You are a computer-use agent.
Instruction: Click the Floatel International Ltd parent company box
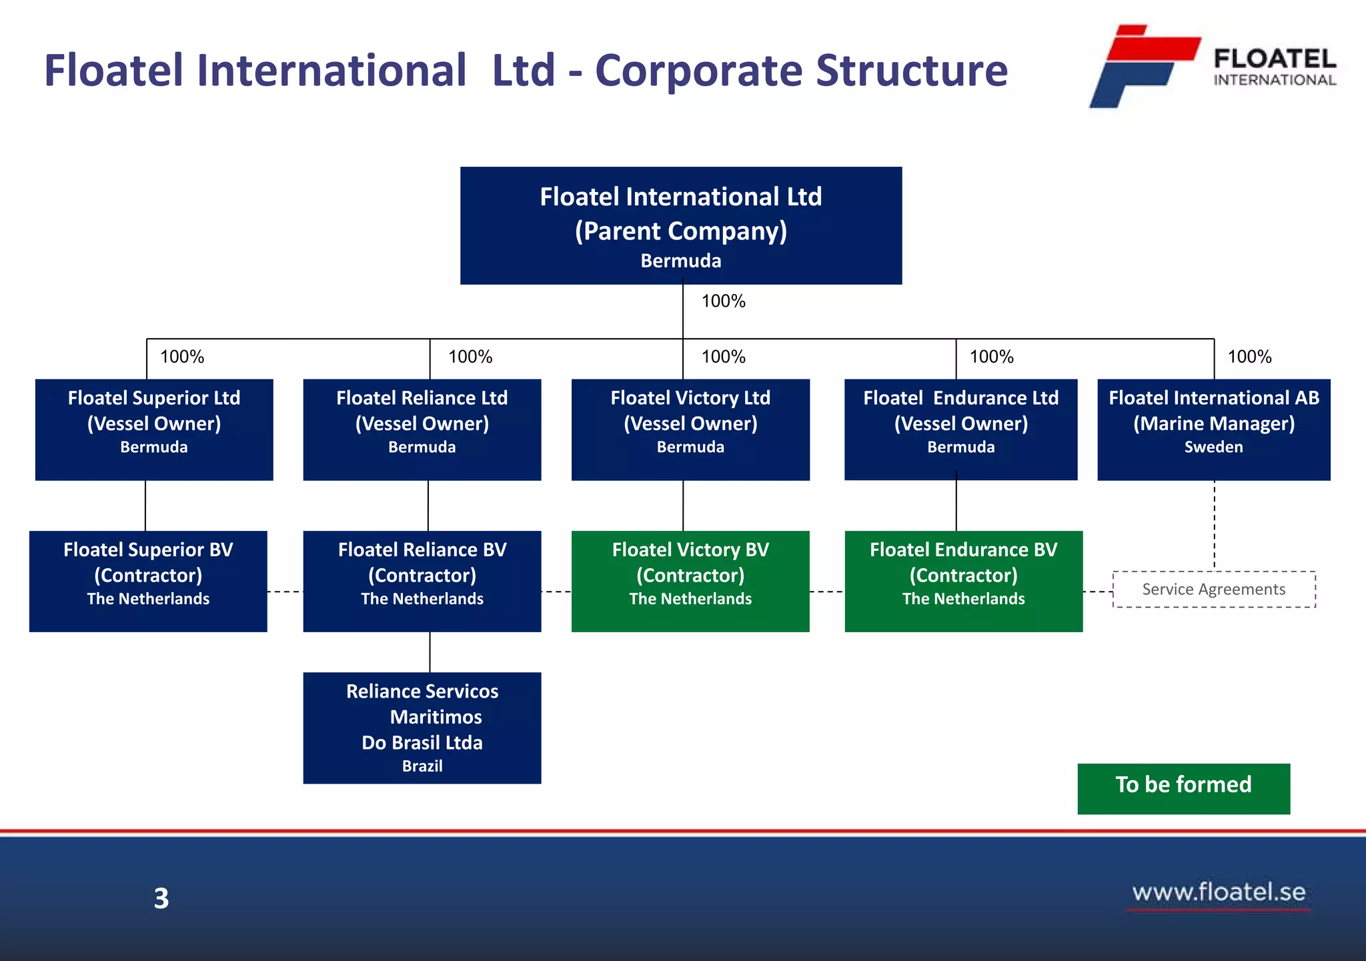[x=681, y=225]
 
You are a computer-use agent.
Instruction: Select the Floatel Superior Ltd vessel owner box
[x=154, y=429]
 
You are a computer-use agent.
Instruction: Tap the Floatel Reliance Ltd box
[x=422, y=429]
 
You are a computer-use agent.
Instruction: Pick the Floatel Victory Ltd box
[x=690, y=429]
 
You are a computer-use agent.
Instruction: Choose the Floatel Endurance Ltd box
[x=960, y=429]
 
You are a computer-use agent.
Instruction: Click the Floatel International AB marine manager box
[x=1214, y=429]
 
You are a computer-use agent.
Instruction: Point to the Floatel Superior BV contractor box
[x=148, y=581]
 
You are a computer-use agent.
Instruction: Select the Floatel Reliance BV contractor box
[x=422, y=581]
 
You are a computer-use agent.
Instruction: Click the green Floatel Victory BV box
[x=690, y=581]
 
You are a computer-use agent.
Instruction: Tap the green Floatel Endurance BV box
[x=964, y=581]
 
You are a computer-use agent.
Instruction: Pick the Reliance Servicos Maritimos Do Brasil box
[x=422, y=728]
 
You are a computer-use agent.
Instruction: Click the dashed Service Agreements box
[x=1214, y=589]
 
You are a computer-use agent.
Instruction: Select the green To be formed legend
[x=1184, y=788]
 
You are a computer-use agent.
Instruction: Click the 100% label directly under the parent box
[x=724, y=301]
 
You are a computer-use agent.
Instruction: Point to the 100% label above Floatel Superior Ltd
[x=182, y=357]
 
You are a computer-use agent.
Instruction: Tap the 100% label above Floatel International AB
[x=1250, y=357]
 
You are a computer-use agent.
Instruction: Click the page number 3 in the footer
[x=161, y=898]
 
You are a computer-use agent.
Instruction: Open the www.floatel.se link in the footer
[x=1219, y=892]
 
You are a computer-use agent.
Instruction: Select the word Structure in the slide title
[x=912, y=70]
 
